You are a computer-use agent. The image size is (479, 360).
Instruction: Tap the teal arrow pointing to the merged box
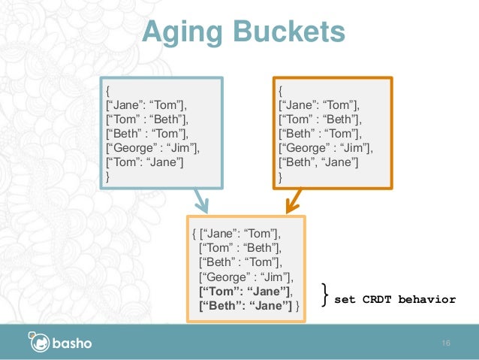(200, 201)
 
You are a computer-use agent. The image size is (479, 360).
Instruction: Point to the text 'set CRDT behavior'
(395, 299)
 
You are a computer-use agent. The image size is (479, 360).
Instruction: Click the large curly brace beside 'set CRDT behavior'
(324, 295)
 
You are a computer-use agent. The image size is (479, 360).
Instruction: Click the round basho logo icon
(39, 343)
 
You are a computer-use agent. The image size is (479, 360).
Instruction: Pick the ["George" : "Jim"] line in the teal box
(154, 148)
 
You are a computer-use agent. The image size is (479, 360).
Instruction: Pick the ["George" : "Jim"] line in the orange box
(325, 148)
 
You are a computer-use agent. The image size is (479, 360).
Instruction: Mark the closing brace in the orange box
(281, 177)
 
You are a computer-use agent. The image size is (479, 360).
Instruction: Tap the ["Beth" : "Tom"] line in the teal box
(147, 134)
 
